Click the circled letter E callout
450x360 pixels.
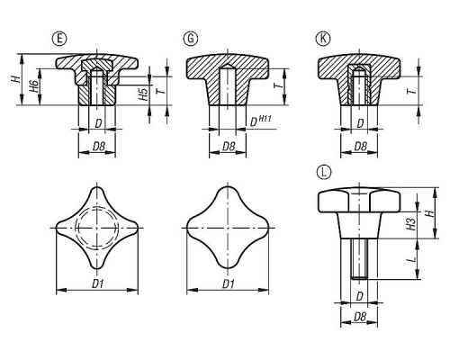click(x=59, y=39)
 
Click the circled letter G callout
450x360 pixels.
click(x=191, y=39)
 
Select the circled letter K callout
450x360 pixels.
click(x=323, y=39)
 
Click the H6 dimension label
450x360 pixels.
click(x=35, y=86)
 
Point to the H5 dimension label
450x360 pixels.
click(x=144, y=94)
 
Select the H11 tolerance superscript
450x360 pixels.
click(x=265, y=118)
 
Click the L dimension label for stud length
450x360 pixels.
click(x=412, y=258)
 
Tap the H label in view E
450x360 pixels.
click(x=16, y=79)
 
